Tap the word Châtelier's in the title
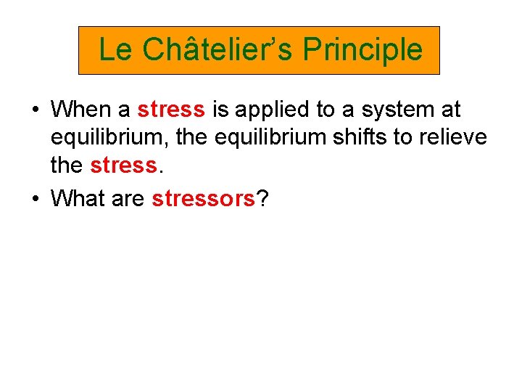click(217, 49)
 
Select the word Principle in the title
click(362, 49)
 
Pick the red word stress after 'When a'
click(171, 110)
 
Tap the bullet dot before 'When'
click(36, 110)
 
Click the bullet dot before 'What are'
click(36, 199)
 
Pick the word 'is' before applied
click(220, 110)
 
